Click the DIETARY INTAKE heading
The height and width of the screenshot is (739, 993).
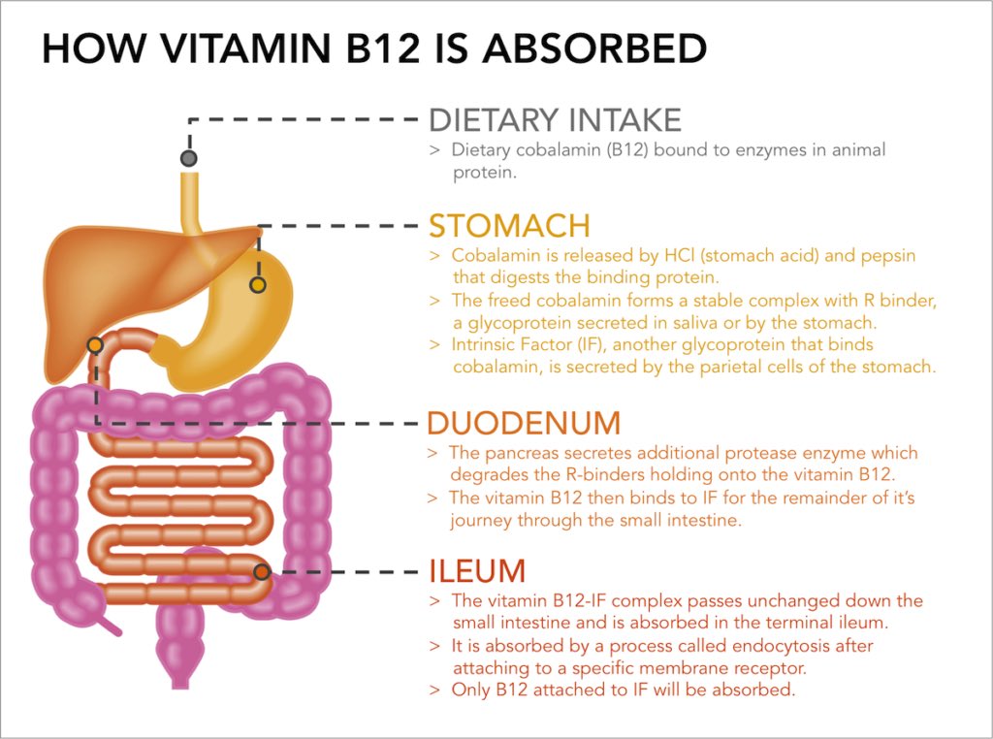click(555, 120)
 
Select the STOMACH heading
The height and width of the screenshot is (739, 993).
click(509, 226)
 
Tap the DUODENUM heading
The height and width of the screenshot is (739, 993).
click(523, 424)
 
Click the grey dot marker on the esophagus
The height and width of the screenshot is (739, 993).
click(189, 157)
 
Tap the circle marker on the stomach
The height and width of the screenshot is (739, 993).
click(257, 285)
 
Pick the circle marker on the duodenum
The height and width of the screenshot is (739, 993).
click(95, 345)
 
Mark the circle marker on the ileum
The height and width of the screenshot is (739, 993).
click(262, 571)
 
